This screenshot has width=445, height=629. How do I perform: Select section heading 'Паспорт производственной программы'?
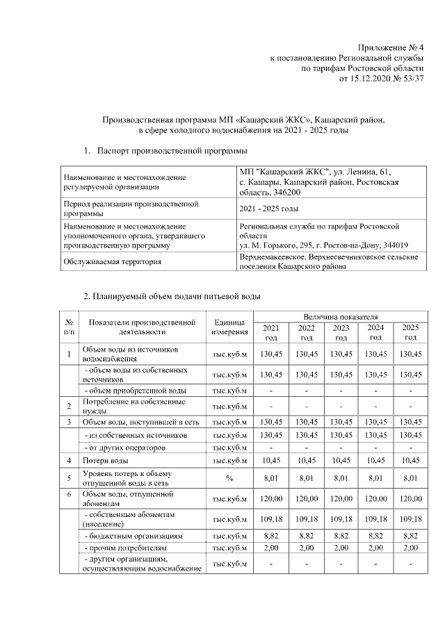172,150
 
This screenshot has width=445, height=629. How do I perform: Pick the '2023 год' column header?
341,332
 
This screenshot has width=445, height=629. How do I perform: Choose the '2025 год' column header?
410,332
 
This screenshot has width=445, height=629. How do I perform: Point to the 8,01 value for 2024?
375,478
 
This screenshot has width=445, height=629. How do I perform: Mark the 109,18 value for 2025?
410,519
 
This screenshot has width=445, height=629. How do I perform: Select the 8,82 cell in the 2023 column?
341,537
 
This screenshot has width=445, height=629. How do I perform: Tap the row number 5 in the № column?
69,478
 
